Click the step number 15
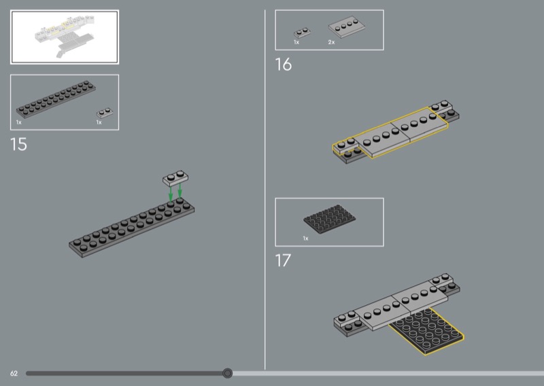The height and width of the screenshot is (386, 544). (x=18, y=144)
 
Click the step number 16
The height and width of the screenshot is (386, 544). (x=284, y=65)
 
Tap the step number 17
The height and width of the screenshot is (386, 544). (x=283, y=260)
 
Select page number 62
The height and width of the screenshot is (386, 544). (x=14, y=374)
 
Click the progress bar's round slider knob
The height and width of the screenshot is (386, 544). (x=228, y=373)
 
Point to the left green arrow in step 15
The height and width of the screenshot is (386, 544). (x=171, y=194)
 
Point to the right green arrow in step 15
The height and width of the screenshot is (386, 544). (x=180, y=191)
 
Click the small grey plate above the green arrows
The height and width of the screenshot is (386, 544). (x=175, y=178)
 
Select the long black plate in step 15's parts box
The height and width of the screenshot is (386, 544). (x=56, y=99)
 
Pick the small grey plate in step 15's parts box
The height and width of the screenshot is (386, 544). (x=105, y=113)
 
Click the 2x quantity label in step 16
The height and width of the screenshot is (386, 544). (x=331, y=42)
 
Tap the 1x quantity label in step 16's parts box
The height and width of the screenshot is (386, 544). (x=296, y=42)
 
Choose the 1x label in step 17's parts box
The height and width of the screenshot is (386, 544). (x=305, y=239)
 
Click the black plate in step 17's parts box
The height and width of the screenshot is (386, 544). (x=329, y=219)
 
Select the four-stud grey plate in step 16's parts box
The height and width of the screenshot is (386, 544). (x=347, y=27)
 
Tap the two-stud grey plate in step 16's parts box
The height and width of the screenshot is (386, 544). (x=302, y=33)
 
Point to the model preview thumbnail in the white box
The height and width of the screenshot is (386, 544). (x=65, y=37)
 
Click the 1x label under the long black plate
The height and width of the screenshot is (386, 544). (x=19, y=122)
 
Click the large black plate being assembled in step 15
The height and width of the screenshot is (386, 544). (x=131, y=228)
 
